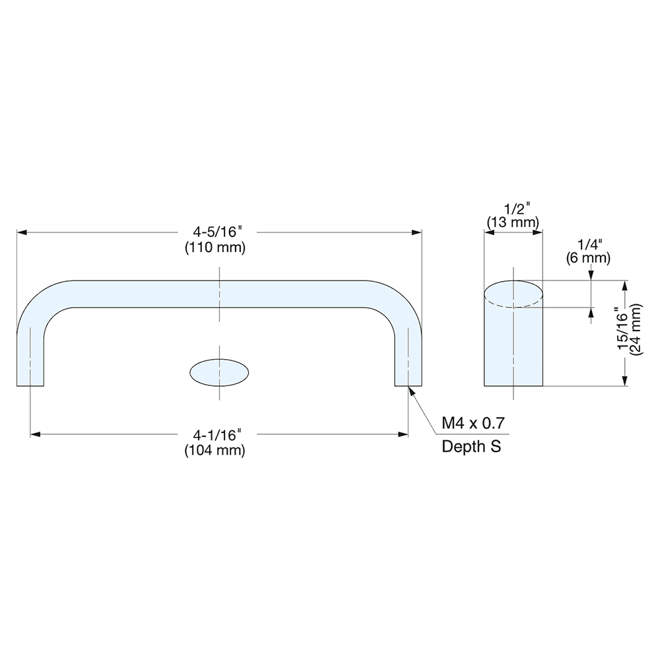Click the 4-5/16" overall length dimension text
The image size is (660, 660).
218,232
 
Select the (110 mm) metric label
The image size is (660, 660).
218,248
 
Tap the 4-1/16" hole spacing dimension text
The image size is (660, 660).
218,434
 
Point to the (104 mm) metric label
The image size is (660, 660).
218,450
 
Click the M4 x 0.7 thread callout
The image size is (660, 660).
473,423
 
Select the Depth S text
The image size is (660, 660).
471,447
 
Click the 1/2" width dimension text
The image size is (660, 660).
513,208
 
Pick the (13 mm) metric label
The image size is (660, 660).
513,222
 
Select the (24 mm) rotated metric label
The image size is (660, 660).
636,330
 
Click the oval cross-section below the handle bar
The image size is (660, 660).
220,372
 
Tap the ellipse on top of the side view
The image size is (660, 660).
513,294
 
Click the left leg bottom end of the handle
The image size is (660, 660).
30,383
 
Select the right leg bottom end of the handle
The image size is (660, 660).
408,383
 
